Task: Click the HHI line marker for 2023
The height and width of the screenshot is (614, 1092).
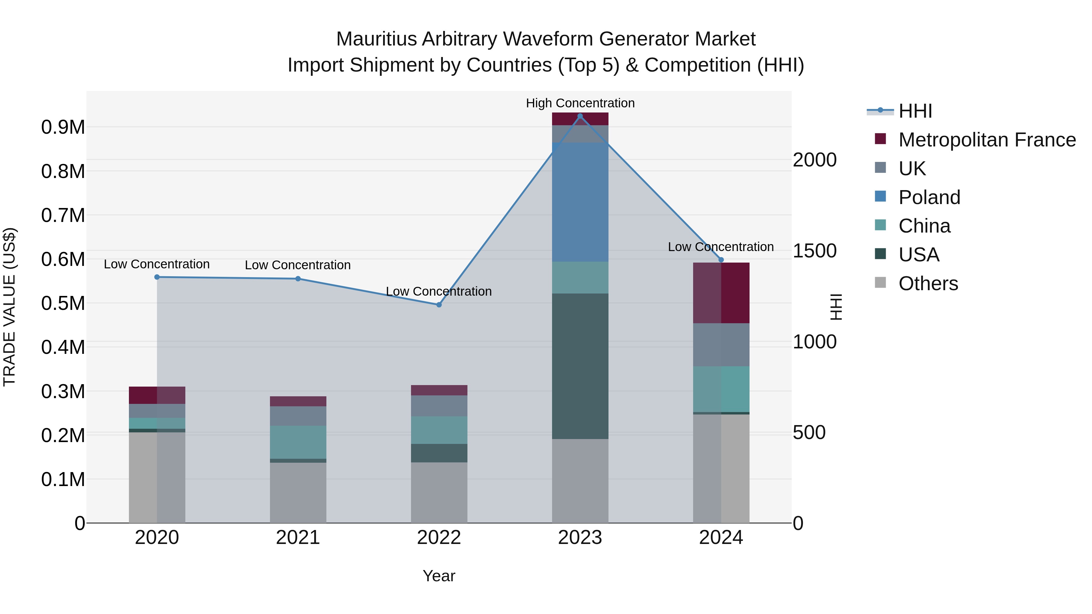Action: click(580, 116)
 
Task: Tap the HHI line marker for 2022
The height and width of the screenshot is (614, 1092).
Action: click(439, 305)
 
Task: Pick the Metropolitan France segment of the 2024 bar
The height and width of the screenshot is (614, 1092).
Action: click(721, 293)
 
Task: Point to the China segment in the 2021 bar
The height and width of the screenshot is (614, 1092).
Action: click(298, 442)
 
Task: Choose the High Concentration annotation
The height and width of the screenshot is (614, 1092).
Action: click(580, 103)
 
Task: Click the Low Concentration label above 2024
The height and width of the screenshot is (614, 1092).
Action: click(721, 247)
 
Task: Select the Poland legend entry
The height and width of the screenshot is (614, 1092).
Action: click(929, 197)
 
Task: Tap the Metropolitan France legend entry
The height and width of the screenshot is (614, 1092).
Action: click(986, 140)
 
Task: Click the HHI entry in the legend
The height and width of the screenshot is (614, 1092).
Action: click(915, 111)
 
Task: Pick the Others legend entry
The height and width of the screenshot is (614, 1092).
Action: click(928, 284)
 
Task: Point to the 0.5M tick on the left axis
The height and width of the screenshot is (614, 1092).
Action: click(63, 304)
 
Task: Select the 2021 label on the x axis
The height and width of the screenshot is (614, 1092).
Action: click(298, 538)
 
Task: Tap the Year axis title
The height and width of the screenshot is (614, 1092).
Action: click(439, 576)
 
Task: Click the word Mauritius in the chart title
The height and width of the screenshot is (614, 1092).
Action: click(376, 39)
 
